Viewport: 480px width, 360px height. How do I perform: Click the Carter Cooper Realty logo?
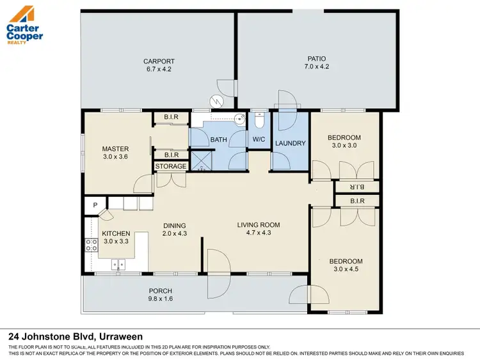[24, 24]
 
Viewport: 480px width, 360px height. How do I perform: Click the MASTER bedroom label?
[115, 149]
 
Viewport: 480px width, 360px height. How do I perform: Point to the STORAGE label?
[171, 166]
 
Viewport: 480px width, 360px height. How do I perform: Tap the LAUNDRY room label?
[290, 143]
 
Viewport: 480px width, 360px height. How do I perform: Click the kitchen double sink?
[118, 262]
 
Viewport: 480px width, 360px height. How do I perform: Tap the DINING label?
[174, 226]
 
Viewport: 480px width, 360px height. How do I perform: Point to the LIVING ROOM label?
[259, 225]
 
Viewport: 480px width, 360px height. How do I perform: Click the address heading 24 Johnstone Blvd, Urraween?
[75, 336]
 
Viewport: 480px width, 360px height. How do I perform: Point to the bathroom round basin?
[238, 118]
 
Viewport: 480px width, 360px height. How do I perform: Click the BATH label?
[219, 139]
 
